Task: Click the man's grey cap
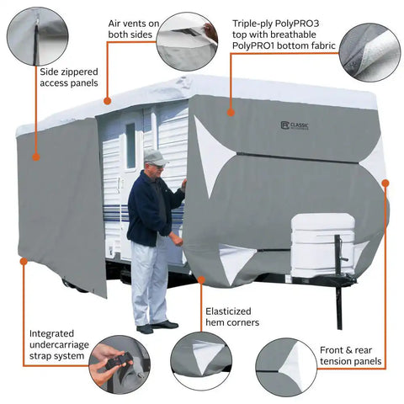click(x=153, y=157)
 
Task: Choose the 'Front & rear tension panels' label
click(x=350, y=355)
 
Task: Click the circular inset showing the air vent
click(x=187, y=41)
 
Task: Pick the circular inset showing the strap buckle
click(x=120, y=364)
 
